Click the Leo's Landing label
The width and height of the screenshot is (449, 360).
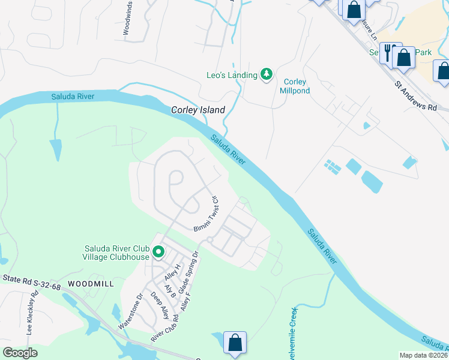(232, 75)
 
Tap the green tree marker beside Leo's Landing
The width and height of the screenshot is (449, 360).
(267, 74)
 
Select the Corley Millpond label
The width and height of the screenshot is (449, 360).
(295, 86)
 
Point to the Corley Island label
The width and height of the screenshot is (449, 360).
(198, 110)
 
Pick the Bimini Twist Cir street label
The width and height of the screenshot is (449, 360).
(206, 214)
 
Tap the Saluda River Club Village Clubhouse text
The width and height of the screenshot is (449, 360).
(115, 253)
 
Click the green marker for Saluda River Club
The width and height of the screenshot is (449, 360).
(158, 252)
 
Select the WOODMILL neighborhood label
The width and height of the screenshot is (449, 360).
(91, 283)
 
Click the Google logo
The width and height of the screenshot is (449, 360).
(20, 353)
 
